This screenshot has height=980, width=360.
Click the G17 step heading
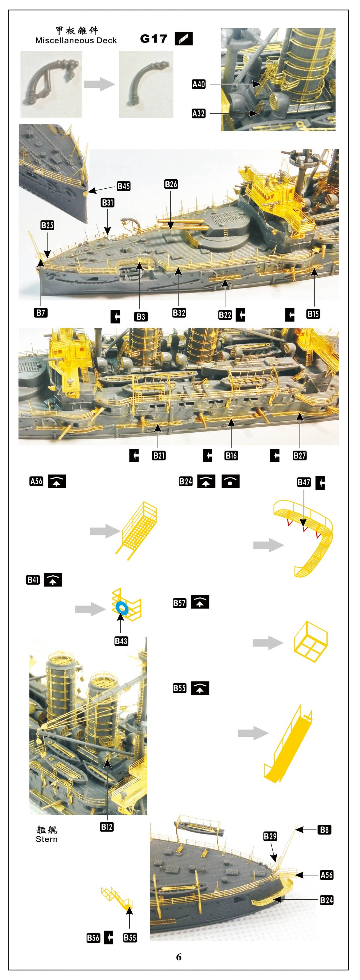point(154,39)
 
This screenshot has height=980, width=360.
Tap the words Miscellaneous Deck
point(76,40)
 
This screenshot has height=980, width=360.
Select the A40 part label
point(199,84)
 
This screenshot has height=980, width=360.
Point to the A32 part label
point(199,113)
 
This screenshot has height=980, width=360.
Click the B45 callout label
point(124,186)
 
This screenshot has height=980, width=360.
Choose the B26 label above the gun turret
point(171,184)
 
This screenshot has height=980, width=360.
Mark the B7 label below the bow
point(41,313)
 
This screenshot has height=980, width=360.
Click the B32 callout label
point(179,313)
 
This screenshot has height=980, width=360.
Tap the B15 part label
point(313,314)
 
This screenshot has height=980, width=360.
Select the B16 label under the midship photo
point(231,455)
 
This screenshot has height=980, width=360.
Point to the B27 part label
point(299,455)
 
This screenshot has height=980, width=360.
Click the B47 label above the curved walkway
point(304,482)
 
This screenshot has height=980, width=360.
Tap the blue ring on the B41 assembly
point(122,608)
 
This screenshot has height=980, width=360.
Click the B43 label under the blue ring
point(121,641)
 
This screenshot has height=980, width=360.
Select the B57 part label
point(180,603)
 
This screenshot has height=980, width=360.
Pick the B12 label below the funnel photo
point(107,827)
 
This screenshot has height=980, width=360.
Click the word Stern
point(46,839)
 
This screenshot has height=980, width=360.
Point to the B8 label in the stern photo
point(324,830)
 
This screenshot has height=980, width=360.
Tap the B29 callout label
point(270,836)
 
